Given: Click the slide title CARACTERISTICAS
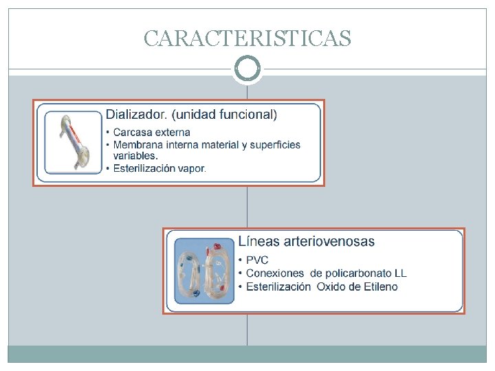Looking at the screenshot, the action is [247, 38].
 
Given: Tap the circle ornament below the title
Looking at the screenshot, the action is [247, 69].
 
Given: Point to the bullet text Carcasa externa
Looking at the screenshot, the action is [151, 132].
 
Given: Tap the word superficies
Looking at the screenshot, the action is [275, 144].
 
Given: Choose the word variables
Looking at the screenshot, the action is [135, 155].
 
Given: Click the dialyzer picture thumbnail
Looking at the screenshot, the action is [72, 143].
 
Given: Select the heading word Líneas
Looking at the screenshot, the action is [255, 241].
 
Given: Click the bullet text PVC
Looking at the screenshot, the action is [257, 260].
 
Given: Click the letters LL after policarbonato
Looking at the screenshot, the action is [400, 273].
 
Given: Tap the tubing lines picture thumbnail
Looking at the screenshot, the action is [204, 271].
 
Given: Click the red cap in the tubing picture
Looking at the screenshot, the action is [218, 245].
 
